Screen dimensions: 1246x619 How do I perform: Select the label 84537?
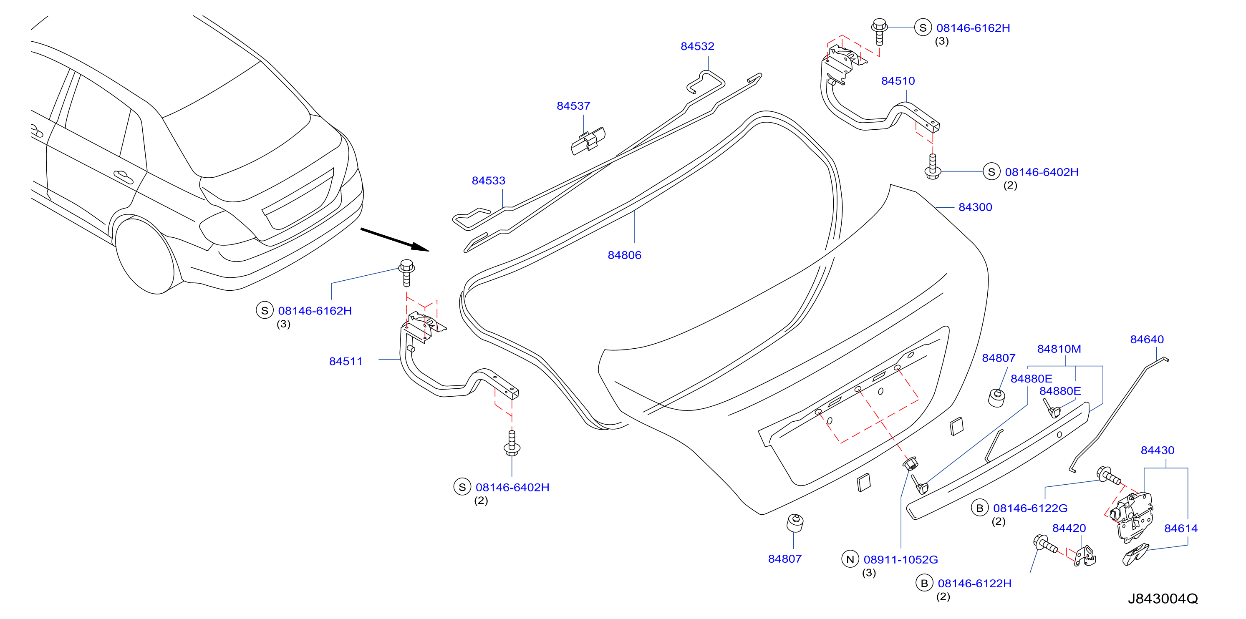click(573, 106)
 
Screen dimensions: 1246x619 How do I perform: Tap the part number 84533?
click(489, 181)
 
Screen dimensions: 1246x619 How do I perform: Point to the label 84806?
click(624, 255)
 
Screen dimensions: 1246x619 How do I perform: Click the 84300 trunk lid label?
click(975, 207)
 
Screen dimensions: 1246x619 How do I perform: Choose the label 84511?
click(346, 362)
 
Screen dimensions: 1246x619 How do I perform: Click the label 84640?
click(1147, 340)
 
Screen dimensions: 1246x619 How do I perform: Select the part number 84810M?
click(1059, 349)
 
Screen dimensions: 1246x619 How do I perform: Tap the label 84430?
click(1158, 451)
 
